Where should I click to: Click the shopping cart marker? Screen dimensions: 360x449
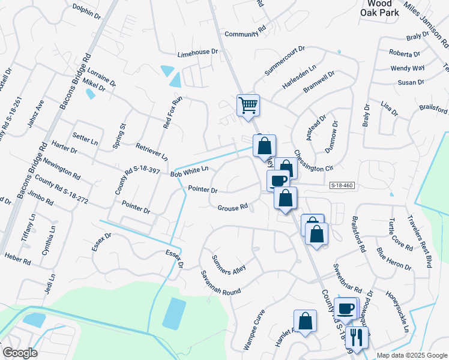pyautogui.click(x=248, y=106)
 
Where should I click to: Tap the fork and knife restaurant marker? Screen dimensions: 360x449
pyautogui.click(x=356, y=338)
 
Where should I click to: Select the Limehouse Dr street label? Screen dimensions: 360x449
pyautogui.click(x=197, y=53)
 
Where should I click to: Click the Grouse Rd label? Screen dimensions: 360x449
pyautogui.click(x=232, y=208)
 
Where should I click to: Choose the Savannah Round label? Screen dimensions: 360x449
pyautogui.click(x=221, y=283)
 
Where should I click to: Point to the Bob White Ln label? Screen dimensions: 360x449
pyautogui.click(x=189, y=172)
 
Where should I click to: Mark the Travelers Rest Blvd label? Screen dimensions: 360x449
pyautogui.click(x=420, y=240)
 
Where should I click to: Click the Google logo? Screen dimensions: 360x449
pyautogui.click(x=20, y=353)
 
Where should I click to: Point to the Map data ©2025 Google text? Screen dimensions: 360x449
pyautogui.click(x=412, y=355)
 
